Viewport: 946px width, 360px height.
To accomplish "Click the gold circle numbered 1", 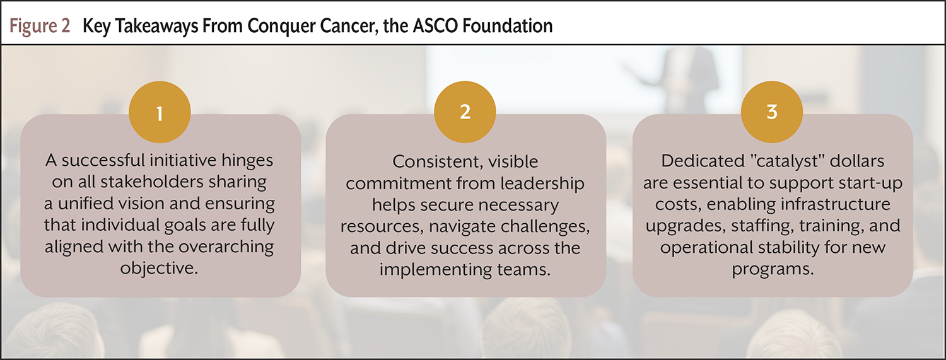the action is click(x=160, y=112).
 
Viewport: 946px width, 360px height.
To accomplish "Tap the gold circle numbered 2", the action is click(x=465, y=112).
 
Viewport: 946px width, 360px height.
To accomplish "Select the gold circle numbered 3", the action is click(x=772, y=112).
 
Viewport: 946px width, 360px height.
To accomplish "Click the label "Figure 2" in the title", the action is click(x=40, y=26).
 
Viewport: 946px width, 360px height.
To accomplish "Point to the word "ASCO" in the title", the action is click(x=435, y=26).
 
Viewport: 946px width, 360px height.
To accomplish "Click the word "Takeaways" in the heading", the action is click(x=156, y=26).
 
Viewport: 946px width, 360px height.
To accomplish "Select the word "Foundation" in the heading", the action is click(x=507, y=26).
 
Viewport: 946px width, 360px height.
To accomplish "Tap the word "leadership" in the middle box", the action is click(x=542, y=183).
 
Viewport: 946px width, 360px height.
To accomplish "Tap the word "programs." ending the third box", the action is click(x=773, y=269).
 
